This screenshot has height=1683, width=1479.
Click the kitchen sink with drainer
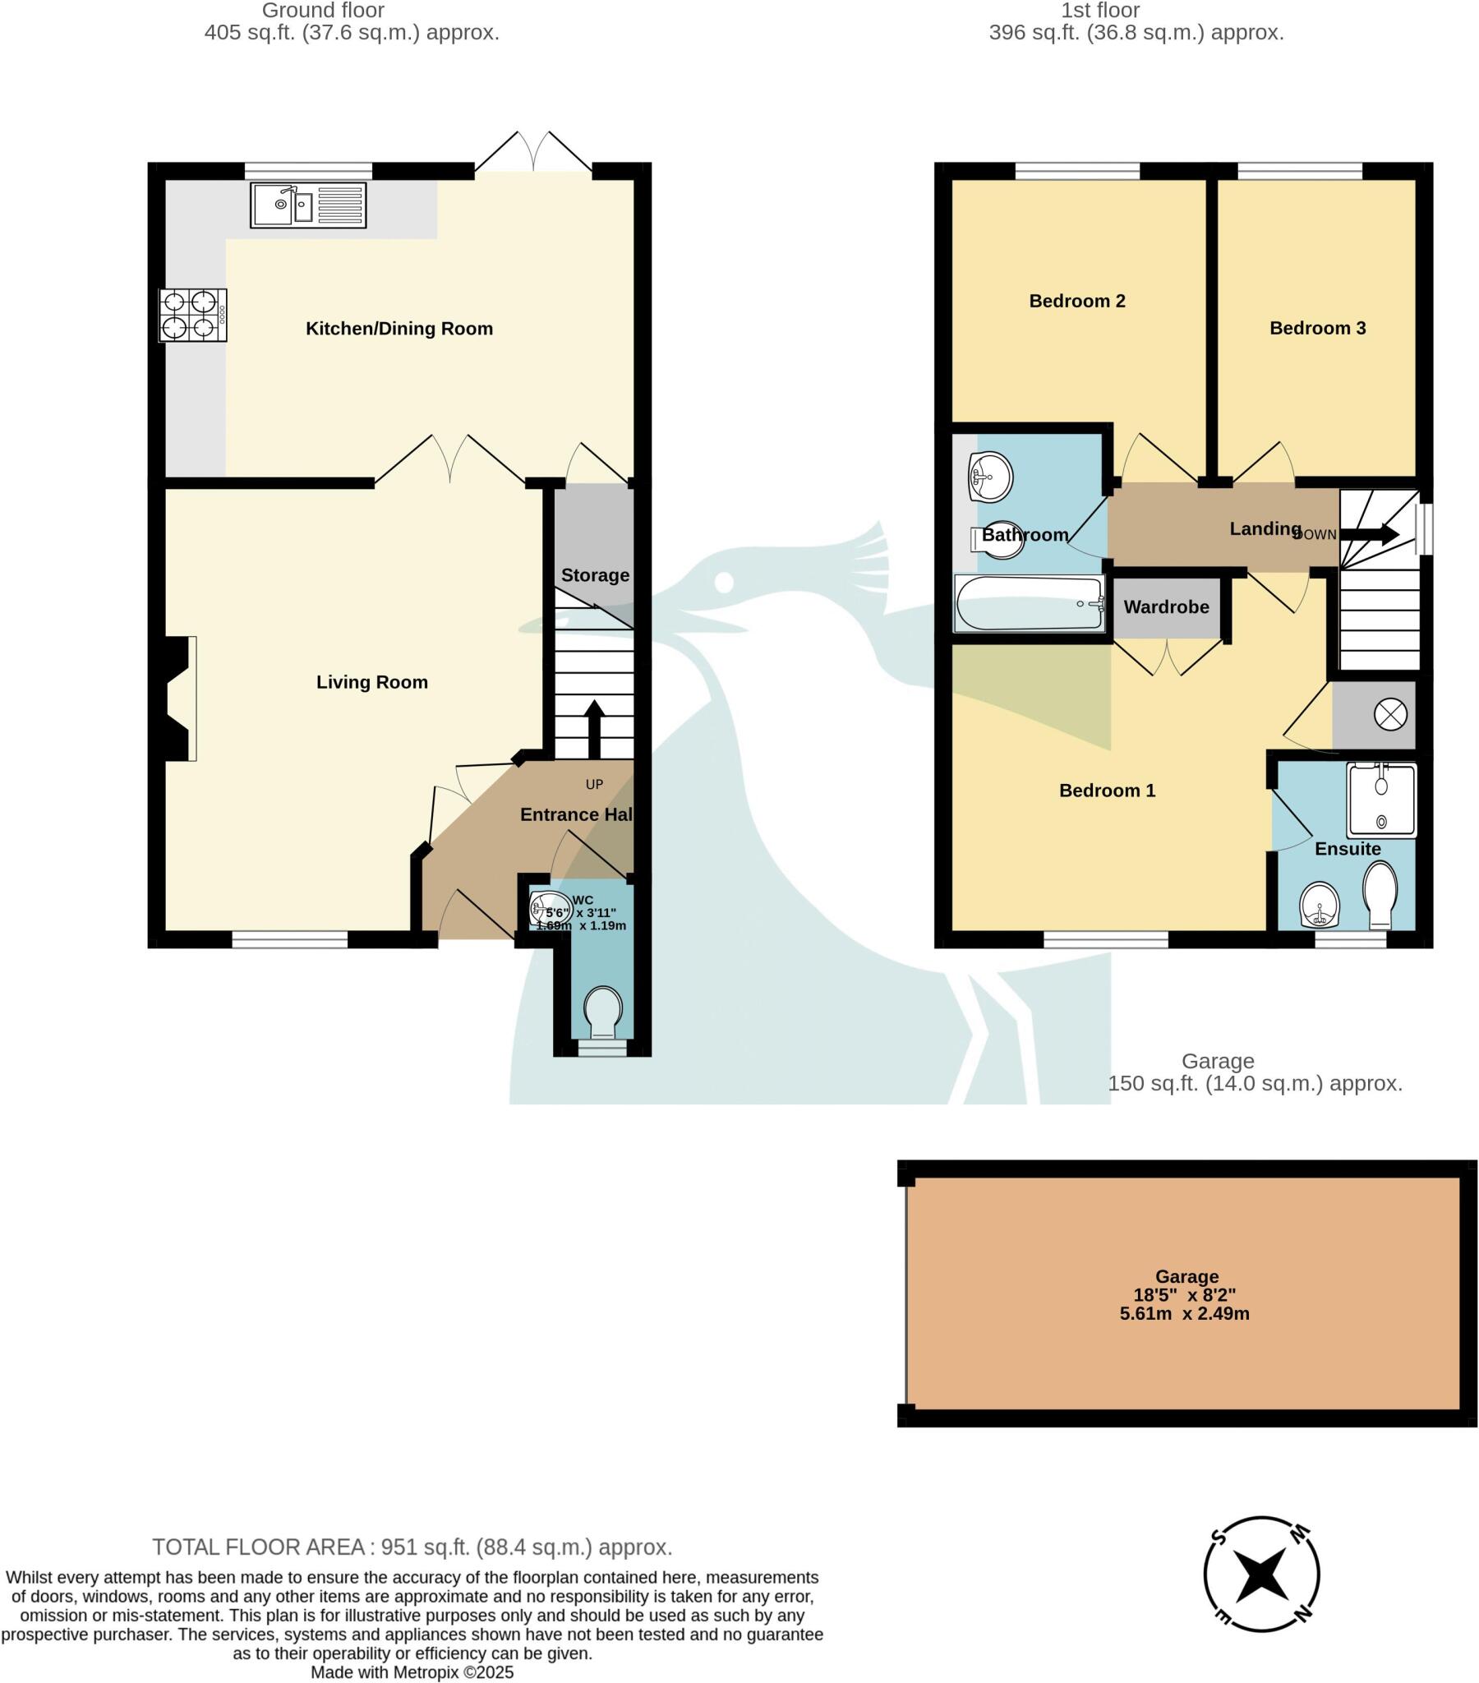[x=308, y=205]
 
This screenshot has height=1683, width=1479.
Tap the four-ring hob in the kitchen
[x=193, y=315]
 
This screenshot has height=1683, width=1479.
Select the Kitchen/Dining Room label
[x=399, y=329]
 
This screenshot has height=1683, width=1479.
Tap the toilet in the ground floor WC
[x=603, y=1012]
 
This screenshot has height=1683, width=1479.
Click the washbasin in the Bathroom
[x=991, y=477]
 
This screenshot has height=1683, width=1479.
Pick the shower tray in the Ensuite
[x=1382, y=800]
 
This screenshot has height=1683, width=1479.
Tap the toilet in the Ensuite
[x=1380, y=894]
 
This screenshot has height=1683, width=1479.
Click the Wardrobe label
[x=1166, y=606]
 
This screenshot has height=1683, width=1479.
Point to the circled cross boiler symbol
[x=1390, y=714]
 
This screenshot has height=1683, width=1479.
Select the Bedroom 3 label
[x=1317, y=328]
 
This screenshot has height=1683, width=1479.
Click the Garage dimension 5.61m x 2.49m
[x=1184, y=1313]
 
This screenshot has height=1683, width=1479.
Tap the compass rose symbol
[x=1260, y=1574]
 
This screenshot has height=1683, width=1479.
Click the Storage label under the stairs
[x=595, y=574]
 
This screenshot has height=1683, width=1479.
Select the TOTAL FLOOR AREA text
[x=412, y=1547]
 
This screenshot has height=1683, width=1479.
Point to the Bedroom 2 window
[x=1077, y=171]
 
